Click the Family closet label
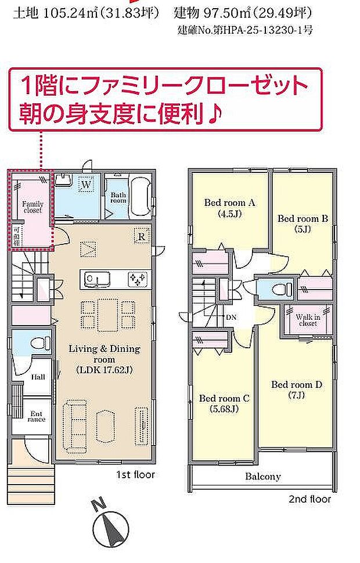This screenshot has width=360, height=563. [x=33, y=208]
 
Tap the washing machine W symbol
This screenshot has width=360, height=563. [x=86, y=185]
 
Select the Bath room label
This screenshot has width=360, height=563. [x=118, y=197]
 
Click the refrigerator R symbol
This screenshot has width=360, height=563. [x=141, y=236]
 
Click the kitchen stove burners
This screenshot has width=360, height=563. [x=138, y=280]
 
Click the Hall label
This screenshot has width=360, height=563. [x=37, y=377]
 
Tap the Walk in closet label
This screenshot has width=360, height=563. [x=308, y=320]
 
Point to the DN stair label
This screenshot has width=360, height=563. [x=231, y=317]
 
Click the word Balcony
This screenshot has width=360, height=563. [x=262, y=477]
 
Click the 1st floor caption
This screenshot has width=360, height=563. [x=135, y=475]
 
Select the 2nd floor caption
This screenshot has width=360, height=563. [x=309, y=499]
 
